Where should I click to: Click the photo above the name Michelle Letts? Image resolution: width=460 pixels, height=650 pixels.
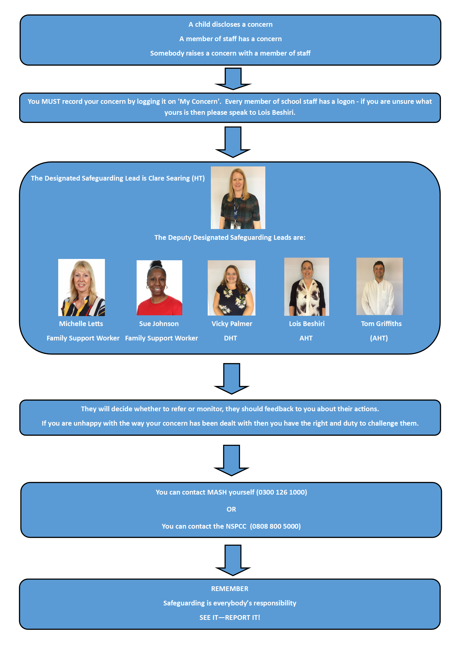pyautogui.click(x=81, y=287)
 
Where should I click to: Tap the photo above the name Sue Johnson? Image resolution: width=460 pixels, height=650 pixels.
pyautogui.click(x=159, y=288)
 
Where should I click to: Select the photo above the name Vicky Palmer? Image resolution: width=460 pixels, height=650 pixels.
pyautogui.click(x=231, y=288)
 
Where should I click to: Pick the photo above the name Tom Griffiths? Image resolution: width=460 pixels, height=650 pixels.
pyautogui.click(x=379, y=286)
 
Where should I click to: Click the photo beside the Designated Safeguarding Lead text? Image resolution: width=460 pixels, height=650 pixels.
pyautogui.click(x=238, y=198)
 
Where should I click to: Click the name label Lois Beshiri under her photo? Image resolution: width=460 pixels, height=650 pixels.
pyautogui.click(x=307, y=324)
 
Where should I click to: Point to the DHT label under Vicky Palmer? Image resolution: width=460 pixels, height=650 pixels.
pyautogui.click(x=230, y=338)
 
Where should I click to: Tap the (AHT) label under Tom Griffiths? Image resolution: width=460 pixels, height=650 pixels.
pyautogui.click(x=379, y=338)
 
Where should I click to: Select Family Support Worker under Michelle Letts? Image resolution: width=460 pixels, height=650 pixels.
pyautogui.click(x=83, y=338)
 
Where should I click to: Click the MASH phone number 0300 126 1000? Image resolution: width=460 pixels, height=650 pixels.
pyautogui.click(x=282, y=492)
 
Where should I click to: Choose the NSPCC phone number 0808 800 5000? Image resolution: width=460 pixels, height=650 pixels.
pyautogui.click(x=275, y=526)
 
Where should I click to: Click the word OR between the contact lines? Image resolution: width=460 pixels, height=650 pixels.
pyautogui.click(x=231, y=509)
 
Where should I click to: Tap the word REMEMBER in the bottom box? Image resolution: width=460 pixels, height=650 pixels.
pyautogui.click(x=230, y=589)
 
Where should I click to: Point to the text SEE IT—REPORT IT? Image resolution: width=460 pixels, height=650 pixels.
pyautogui.click(x=230, y=617)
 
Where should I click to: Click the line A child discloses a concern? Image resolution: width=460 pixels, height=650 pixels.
pyautogui.click(x=231, y=24)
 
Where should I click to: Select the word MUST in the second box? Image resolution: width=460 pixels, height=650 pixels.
pyautogui.click(x=51, y=101)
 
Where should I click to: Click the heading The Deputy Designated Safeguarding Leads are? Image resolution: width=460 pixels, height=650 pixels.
pyautogui.click(x=230, y=237)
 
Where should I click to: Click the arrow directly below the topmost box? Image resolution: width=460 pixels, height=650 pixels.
pyautogui.click(x=233, y=79)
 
